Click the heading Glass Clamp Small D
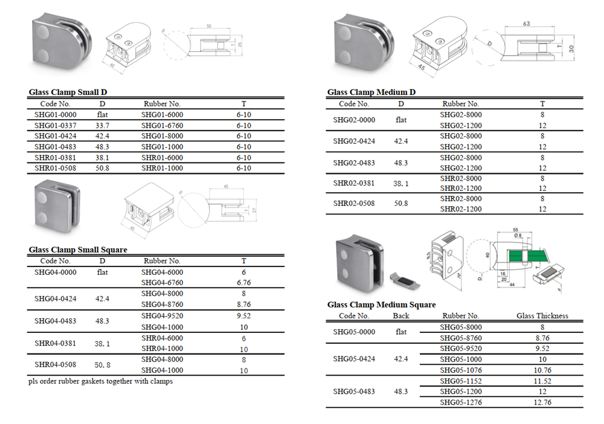[68, 92]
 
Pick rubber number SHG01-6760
[162, 125]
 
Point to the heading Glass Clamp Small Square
[78, 249]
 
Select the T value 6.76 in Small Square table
[244, 283]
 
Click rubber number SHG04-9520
[162, 315]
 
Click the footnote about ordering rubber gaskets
[100, 382]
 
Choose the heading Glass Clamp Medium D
[371, 92]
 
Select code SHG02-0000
[354, 120]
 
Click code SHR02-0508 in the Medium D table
[354, 203]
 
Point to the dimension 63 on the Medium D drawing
[526, 24]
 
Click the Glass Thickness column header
[542, 316]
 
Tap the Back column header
[401, 316]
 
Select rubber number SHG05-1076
[461, 370]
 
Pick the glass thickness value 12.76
[542, 402]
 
